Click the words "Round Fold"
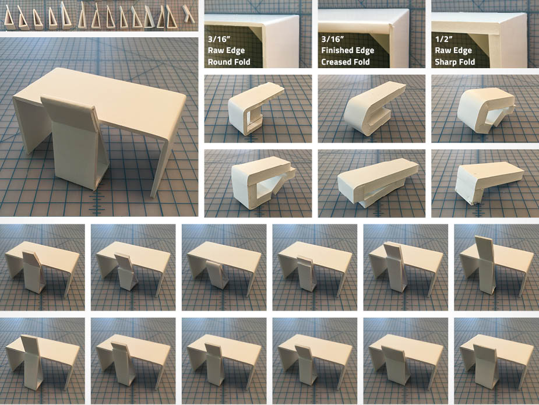pos(229,62)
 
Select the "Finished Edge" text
pos(347,50)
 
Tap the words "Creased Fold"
pos(345,62)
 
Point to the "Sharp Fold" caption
pos(455,62)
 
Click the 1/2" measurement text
pos(444,39)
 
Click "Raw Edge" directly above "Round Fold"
pos(226,50)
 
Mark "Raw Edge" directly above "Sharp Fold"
pos(453,50)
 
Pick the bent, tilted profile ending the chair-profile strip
pos(188,15)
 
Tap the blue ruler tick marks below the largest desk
pos(98,201)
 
